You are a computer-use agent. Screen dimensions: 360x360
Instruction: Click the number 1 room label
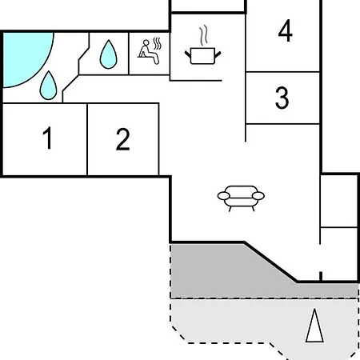(x=47, y=138)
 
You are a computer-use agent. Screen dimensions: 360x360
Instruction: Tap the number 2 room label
(x=123, y=139)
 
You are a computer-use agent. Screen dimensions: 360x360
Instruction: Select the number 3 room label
(x=282, y=98)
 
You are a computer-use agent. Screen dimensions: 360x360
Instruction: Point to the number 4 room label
(x=285, y=30)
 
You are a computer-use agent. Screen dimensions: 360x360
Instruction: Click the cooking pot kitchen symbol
(x=203, y=55)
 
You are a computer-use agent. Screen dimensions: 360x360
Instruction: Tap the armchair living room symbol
(x=241, y=198)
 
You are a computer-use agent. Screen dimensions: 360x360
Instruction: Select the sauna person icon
(x=149, y=52)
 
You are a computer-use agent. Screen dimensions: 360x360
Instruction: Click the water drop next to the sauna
(x=108, y=54)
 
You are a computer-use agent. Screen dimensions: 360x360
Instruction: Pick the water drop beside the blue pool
(x=48, y=86)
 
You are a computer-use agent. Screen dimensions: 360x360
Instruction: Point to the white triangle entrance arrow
(x=314, y=326)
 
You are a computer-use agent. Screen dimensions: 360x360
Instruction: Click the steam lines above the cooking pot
(x=203, y=35)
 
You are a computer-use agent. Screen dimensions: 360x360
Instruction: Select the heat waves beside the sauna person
(x=158, y=44)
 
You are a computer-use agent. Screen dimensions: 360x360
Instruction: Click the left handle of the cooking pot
(x=188, y=54)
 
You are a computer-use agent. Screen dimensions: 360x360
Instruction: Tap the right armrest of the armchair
(x=258, y=196)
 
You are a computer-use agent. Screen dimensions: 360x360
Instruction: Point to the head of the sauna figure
(x=146, y=42)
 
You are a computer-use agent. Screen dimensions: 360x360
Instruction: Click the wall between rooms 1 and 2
(x=87, y=139)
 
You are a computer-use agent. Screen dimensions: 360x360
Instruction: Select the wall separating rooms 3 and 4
(x=282, y=72)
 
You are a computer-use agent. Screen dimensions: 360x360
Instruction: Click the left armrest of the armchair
(x=223, y=196)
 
